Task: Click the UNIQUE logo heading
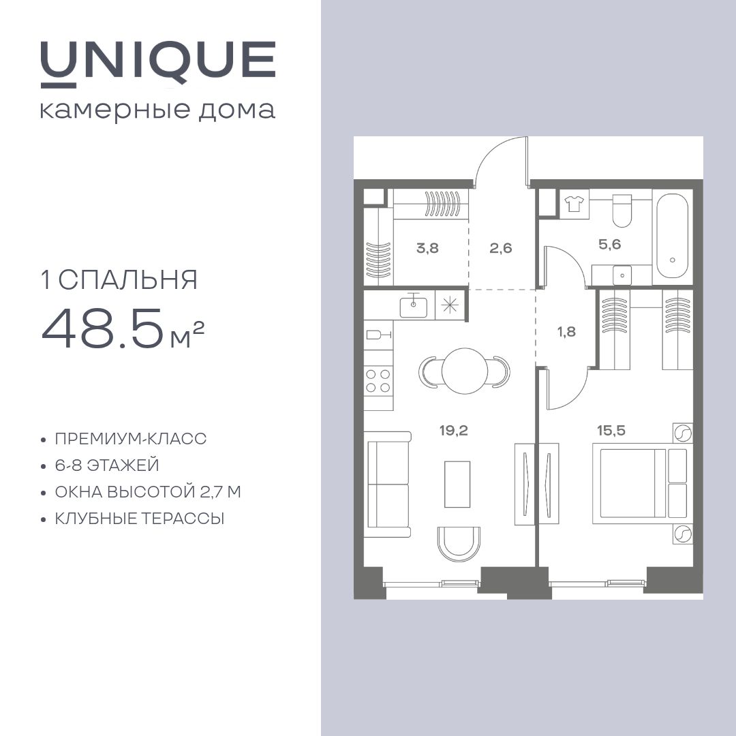157,62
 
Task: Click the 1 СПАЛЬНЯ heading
120,280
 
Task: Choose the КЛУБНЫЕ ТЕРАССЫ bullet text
140,519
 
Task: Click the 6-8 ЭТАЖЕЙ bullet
107,465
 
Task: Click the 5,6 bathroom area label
609,244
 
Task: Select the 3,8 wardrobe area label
427,247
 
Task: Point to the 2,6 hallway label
501,247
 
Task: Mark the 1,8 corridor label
566,332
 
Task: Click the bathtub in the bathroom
672,237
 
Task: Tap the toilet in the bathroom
623,211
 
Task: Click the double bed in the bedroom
630,483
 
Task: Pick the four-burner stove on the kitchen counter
378,380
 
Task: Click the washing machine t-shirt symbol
574,202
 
